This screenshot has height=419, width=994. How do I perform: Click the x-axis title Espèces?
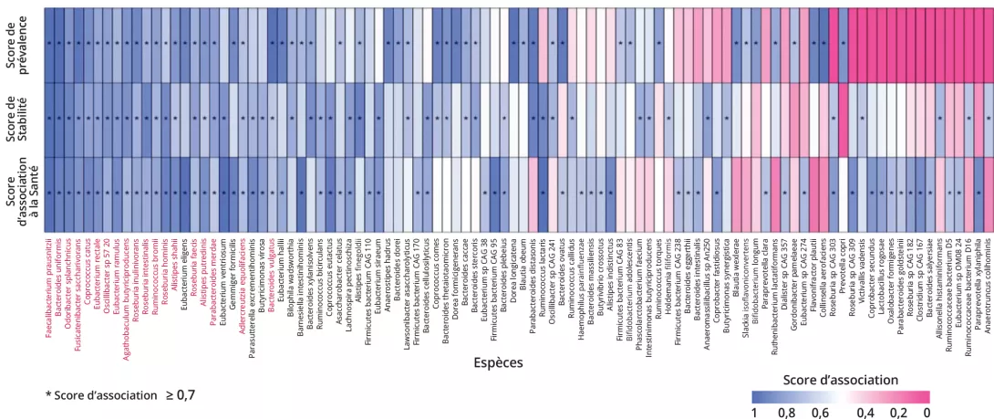tap(498, 362)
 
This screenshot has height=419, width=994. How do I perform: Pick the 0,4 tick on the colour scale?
tap(867, 413)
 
